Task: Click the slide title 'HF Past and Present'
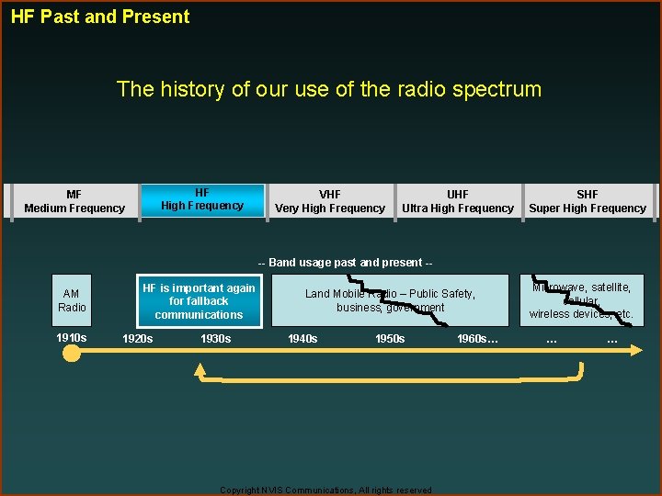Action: pos(100,17)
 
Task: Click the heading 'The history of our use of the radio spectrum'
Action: pos(328,89)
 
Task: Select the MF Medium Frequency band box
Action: pos(74,201)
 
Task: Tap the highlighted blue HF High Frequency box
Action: pos(202,199)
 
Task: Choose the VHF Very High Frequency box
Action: pos(330,201)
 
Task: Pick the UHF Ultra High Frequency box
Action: pos(457,201)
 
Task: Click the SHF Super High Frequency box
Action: pos(588,201)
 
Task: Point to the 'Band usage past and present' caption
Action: pos(345,263)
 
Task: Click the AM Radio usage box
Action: pos(72,300)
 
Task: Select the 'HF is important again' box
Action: pos(200,301)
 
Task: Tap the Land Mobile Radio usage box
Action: pos(390,300)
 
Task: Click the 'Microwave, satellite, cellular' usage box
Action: pos(581,300)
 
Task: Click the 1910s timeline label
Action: pos(72,338)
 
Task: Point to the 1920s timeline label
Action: pos(138,339)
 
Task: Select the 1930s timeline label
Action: pos(215,339)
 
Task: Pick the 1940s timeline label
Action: pos(302,339)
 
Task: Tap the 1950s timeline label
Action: pos(390,339)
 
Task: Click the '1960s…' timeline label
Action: pos(477,339)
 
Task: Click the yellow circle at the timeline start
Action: pos(72,353)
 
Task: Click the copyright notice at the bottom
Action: pos(326,490)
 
